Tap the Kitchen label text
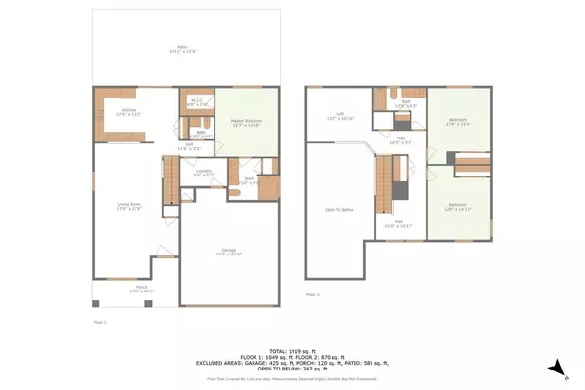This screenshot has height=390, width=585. click(x=130, y=112)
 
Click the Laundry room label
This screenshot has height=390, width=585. click(x=203, y=173)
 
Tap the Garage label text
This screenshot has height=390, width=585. click(x=229, y=253)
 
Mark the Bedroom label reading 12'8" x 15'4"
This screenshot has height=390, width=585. click(x=457, y=123)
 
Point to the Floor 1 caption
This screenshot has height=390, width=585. click(x=98, y=321)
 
